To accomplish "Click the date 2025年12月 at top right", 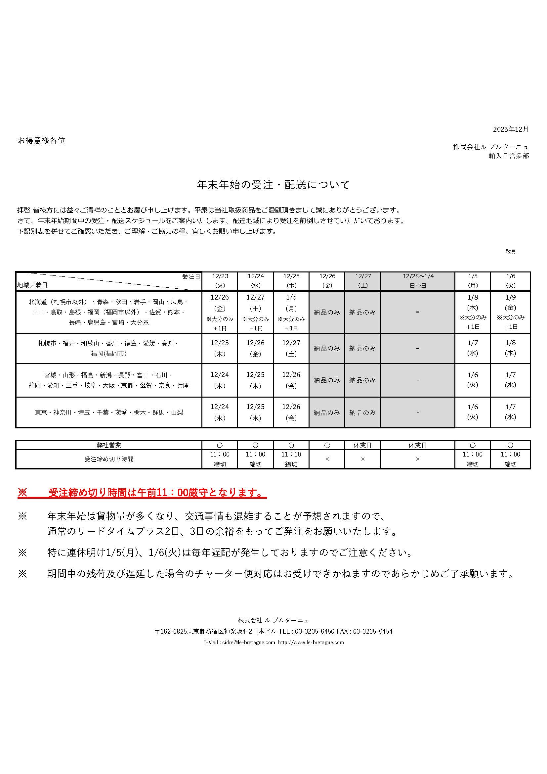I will pos(511,129).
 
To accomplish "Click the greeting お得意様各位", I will pos(41,141).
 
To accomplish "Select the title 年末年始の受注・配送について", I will pos(273,185).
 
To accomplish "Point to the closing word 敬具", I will pos(511,252).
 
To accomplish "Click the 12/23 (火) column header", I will pos(220,281).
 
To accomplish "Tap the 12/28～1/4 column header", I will pos(418,281).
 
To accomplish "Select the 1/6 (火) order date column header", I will pos(510,281).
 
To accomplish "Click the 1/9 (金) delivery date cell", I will pos(510,312).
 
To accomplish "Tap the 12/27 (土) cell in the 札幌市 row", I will pos(291,348).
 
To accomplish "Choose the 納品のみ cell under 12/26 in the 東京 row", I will pos(327,412).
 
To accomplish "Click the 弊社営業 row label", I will pos(108,445).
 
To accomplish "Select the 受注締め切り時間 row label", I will pos(108,459).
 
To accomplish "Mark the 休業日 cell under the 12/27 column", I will pos(362,445).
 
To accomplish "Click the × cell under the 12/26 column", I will pos(327,459).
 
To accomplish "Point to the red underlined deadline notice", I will pos(142,493).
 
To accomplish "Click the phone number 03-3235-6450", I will pos(315,631).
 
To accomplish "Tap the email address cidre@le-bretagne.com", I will pos(249,642).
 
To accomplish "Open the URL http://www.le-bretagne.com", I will pos(311,642).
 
